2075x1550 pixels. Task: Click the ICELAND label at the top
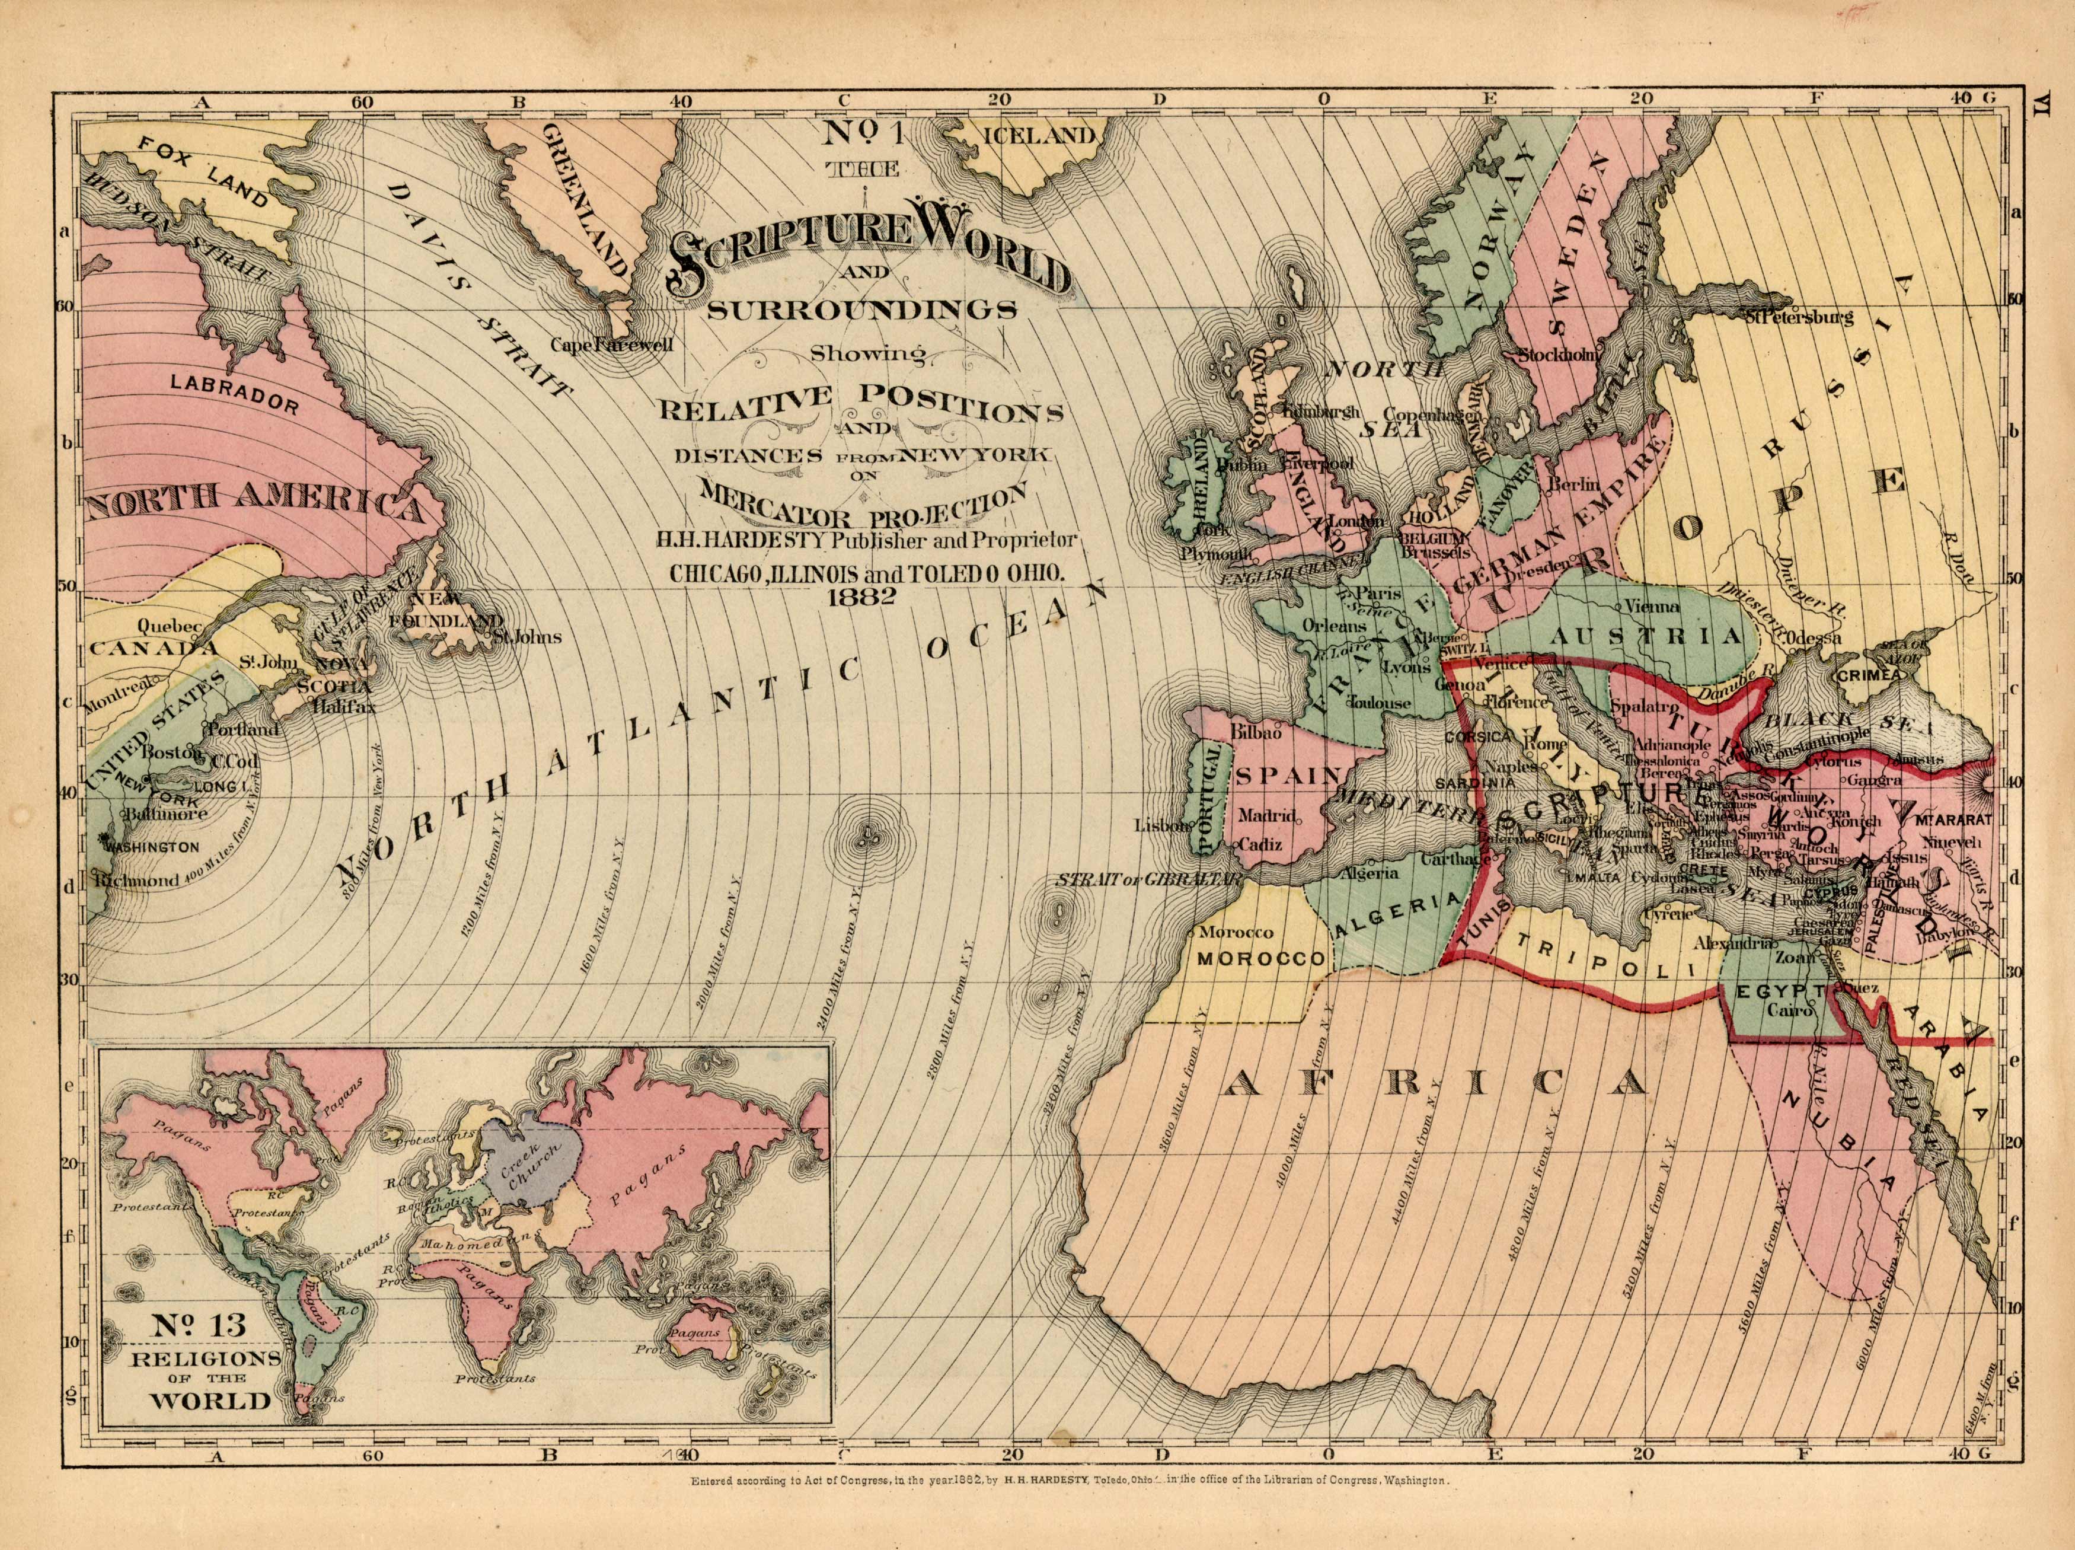point(1039,135)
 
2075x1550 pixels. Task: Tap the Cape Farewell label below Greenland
point(612,345)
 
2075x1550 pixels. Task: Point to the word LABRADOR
point(235,392)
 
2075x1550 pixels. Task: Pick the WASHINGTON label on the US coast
point(154,847)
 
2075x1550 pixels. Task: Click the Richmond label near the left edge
point(137,881)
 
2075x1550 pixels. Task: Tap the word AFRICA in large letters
point(1434,1085)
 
